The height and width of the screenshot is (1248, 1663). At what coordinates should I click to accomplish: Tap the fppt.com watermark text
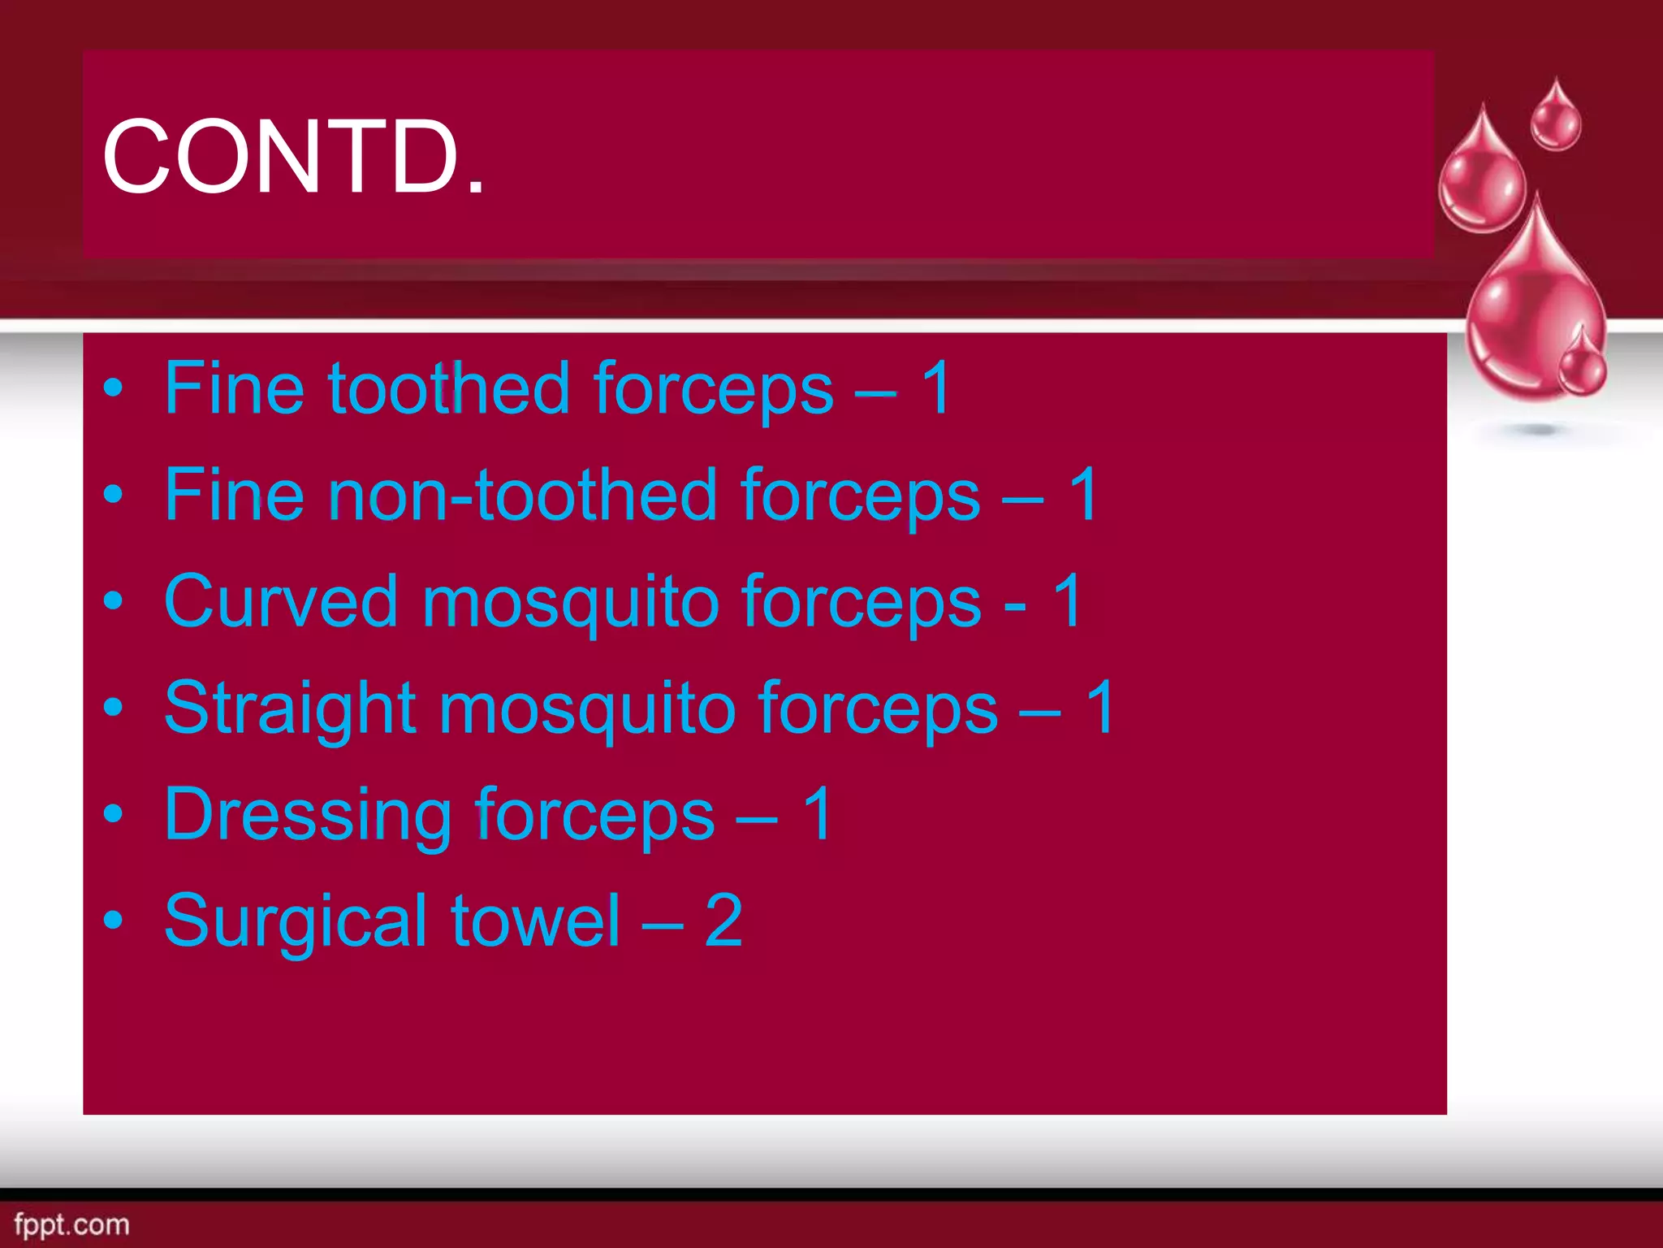(x=71, y=1224)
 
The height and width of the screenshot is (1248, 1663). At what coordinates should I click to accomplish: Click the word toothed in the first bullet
(x=448, y=388)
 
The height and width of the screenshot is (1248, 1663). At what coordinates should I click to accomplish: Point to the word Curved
(x=280, y=602)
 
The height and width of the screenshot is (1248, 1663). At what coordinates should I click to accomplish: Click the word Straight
(x=290, y=708)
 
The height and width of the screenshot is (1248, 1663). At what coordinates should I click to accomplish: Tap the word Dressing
(x=307, y=815)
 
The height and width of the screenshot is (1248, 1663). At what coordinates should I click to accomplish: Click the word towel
(x=535, y=921)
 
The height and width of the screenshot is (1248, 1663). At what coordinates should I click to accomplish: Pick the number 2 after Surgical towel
(x=723, y=921)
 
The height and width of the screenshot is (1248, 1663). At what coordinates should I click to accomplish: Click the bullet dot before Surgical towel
(x=114, y=921)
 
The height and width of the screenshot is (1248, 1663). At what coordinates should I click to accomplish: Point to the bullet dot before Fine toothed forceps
(x=114, y=389)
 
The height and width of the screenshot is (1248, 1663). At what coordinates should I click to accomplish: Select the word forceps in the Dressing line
(x=594, y=815)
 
